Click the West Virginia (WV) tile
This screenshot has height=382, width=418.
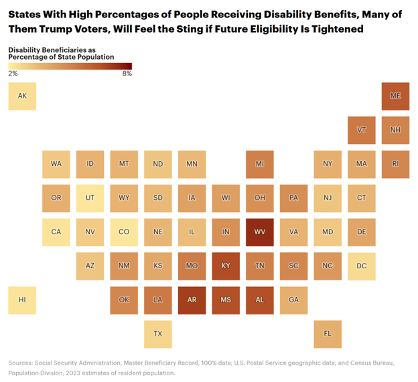pos(259,231)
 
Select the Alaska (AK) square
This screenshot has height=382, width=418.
pos(22,96)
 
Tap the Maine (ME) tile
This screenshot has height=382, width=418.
pos(395,96)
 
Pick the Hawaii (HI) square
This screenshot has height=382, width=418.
pos(22,300)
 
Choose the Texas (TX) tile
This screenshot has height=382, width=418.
pos(157,333)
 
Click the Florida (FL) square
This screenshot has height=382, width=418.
pos(328,333)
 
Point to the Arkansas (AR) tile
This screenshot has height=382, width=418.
pos(192,300)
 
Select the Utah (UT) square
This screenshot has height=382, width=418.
pos(90,197)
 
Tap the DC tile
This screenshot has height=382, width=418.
pos(362,266)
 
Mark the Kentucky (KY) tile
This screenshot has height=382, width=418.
pos(226,266)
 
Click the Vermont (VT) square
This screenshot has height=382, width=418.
pos(362,130)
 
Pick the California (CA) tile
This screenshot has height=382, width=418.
pos(56,231)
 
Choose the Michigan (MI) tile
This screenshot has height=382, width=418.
pos(259,164)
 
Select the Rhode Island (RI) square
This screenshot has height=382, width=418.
pos(395,164)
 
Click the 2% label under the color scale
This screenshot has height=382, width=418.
pos(13,74)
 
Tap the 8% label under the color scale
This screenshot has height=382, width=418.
pos(127,74)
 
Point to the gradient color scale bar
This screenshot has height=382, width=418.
pos(70,66)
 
